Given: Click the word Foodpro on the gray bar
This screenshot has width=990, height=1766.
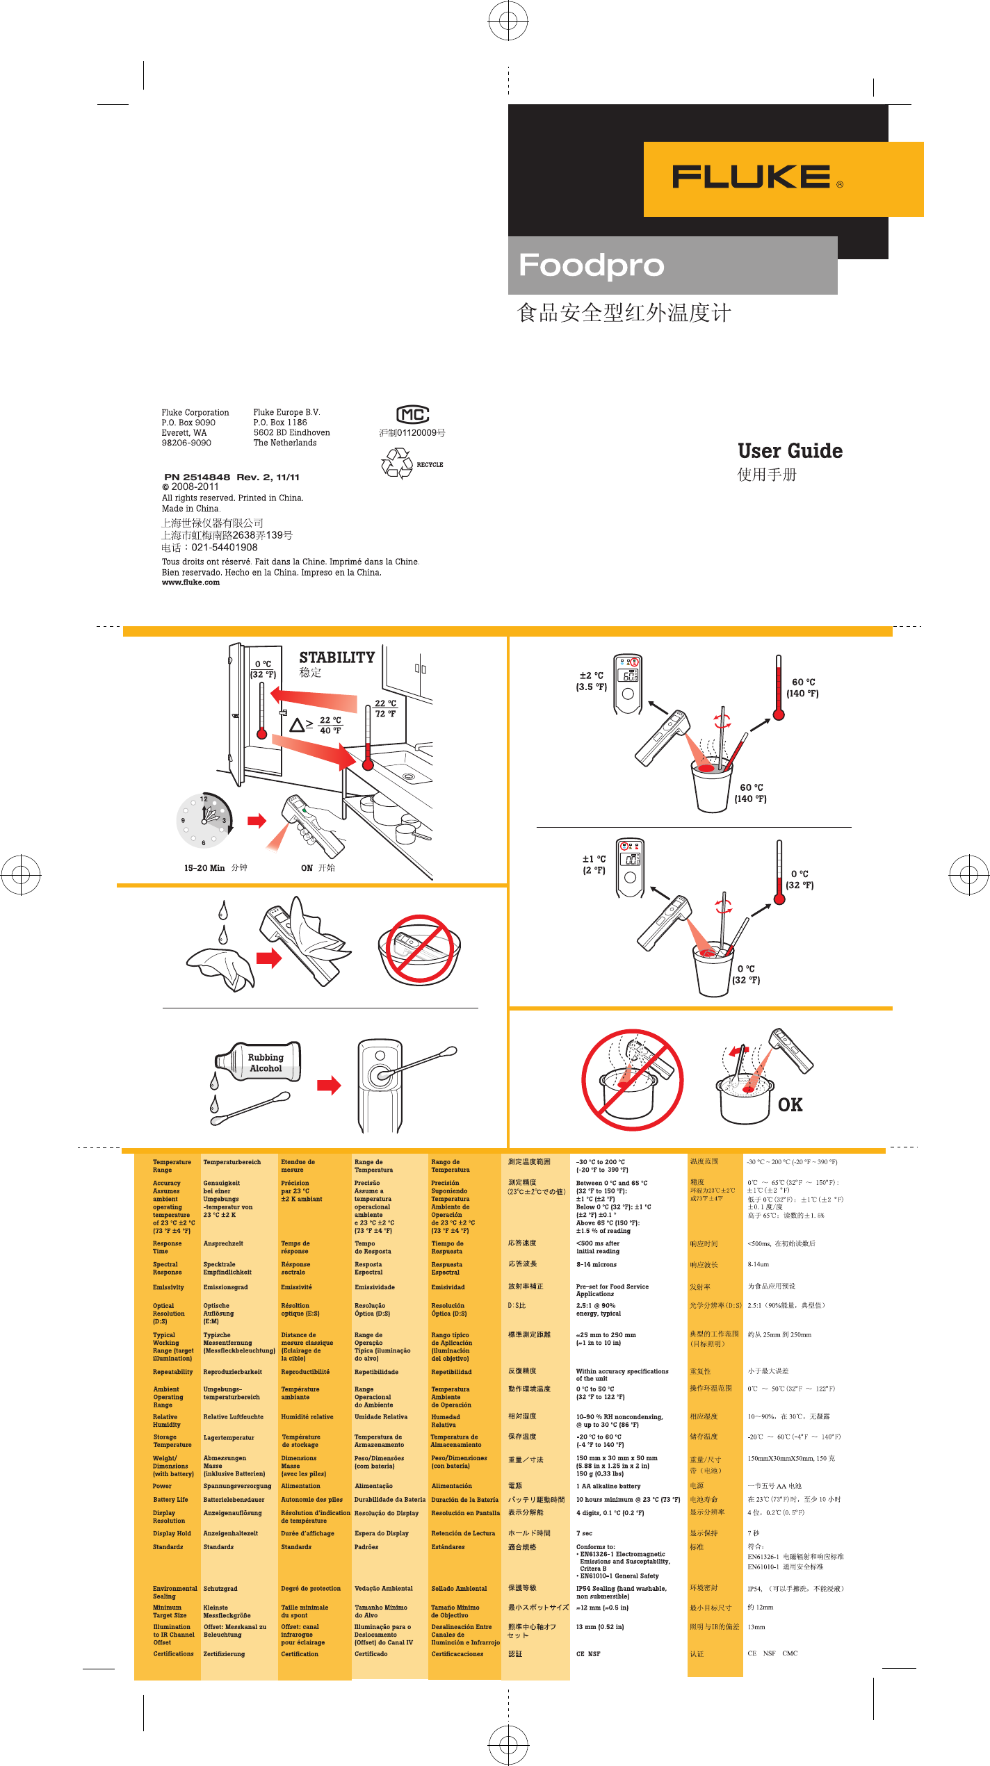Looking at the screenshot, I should click(x=592, y=265).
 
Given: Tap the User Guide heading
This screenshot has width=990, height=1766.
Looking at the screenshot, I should click(x=790, y=451).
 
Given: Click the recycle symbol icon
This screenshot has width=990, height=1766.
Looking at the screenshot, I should click(x=397, y=464).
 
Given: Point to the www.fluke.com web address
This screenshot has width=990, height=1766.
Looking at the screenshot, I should click(x=190, y=582).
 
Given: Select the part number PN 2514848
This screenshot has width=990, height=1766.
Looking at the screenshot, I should click(x=197, y=477).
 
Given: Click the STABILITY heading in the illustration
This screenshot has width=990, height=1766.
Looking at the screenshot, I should click(x=336, y=657).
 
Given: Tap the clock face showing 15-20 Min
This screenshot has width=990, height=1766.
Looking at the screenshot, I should click(x=204, y=821).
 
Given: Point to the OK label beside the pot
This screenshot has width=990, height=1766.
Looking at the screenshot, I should click(x=790, y=1105).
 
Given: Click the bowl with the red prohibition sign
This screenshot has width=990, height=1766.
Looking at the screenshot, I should click(x=419, y=949).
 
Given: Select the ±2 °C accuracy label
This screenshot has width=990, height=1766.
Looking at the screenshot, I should click(x=592, y=681).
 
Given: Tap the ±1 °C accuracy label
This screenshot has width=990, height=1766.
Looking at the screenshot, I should click(x=594, y=865).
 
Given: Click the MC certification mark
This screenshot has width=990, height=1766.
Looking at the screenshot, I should click(x=412, y=415).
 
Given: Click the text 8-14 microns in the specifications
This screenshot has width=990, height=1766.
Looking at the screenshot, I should click(x=596, y=1264).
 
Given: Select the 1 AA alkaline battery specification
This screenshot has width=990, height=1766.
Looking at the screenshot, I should click(x=608, y=1486).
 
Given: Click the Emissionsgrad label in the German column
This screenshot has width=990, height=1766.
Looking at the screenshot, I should click(x=225, y=1287).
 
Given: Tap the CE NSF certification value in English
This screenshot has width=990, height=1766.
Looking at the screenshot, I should click(x=587, y=1654).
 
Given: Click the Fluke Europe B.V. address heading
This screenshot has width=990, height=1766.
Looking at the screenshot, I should click(x=286, y=412).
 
